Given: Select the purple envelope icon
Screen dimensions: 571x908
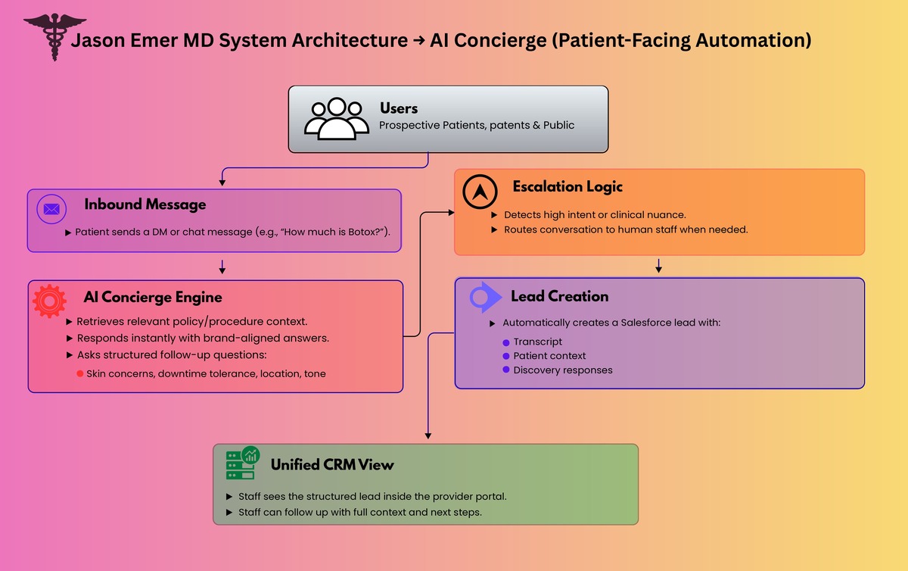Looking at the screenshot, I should (x=51, y=209).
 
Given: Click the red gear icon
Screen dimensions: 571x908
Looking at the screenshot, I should (x=50, y=300).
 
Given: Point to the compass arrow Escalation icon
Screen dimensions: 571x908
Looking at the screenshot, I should (x=480, y=191).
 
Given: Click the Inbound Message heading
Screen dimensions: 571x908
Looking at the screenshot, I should (x=145, y=204).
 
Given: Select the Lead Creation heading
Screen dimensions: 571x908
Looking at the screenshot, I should (x=559, y=296).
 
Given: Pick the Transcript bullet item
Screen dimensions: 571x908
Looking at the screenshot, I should (x=537, y=342).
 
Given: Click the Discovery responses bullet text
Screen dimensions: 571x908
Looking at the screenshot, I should (x=562, y=370).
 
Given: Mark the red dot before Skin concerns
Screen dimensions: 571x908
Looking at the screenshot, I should (x=80, y=374).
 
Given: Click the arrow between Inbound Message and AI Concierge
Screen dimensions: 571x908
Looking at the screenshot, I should (x=222, y=267).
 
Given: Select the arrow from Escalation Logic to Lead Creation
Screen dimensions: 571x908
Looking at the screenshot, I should (x=658, y=266).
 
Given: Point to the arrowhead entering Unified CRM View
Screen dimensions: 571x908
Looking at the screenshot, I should (x=428, y=435).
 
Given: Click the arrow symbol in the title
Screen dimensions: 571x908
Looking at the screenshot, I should (x=418, y=41).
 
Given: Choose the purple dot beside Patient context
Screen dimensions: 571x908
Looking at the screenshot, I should (x=506, y=356).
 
